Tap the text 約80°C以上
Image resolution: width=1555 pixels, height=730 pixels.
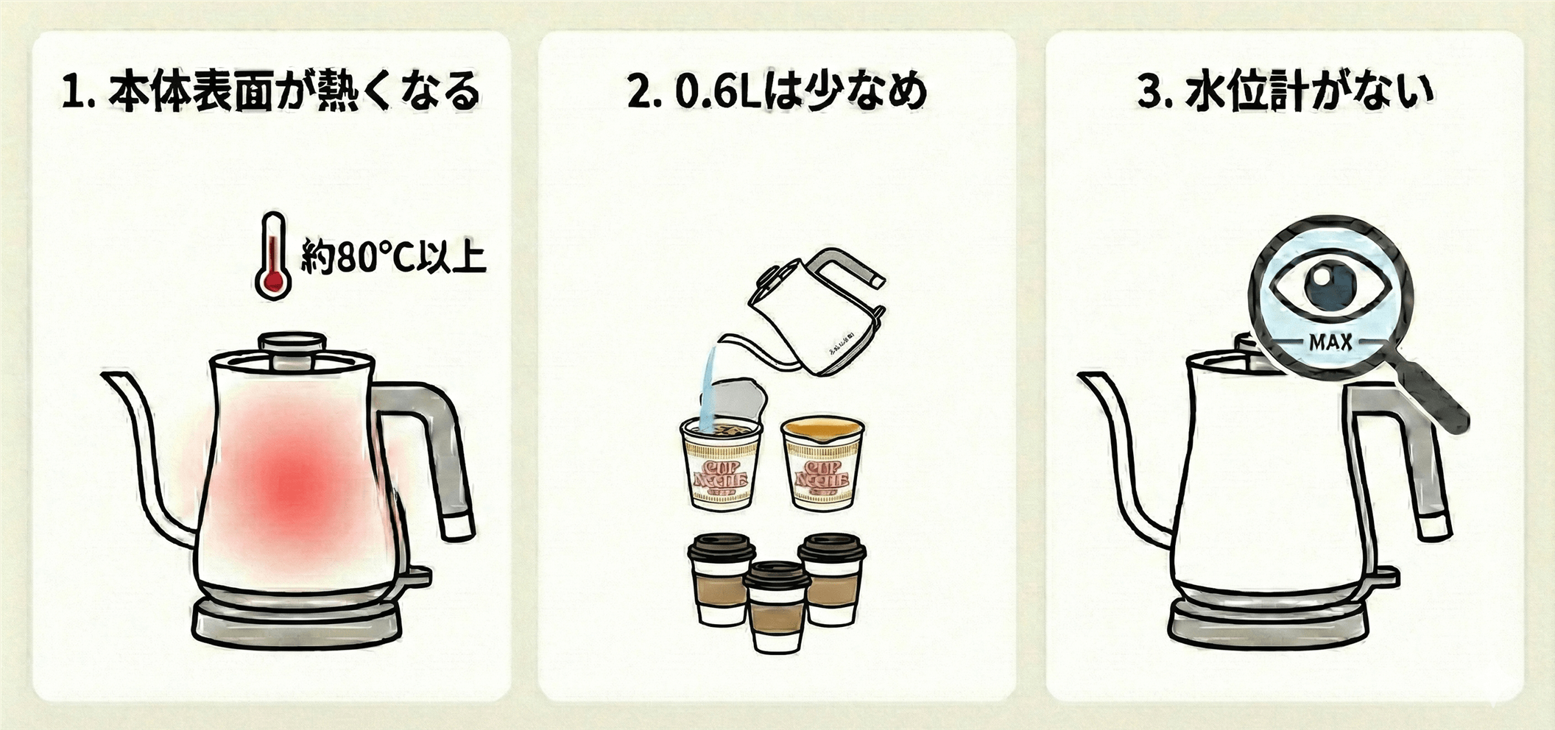click(x=393, y=257)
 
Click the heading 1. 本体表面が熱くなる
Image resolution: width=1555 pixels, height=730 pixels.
click(x=270, y=92)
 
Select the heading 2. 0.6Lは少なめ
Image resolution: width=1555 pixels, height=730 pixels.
click(x=777, y=92)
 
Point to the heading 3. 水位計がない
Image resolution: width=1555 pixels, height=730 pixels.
click(x=1285, y=92)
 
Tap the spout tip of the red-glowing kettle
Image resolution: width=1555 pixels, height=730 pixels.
click(x=110, y=378)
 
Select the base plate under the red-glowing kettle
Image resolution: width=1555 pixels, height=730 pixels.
click(x=296, y=622)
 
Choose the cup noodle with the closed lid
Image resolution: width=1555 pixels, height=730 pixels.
click(x=822, y=464)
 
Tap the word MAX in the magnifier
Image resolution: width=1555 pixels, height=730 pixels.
click(x=1330, y=342)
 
